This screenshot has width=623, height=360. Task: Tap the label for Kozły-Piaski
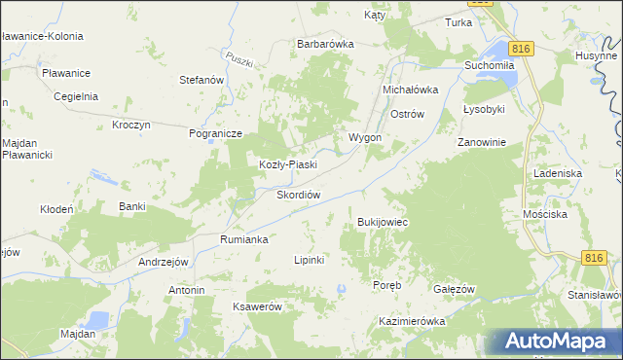[287, 164]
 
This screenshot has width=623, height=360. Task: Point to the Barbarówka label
[325, 44]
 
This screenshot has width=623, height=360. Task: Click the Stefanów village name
[202, 80]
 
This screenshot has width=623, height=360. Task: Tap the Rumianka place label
[243, 238]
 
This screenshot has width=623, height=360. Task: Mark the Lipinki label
[309, 260]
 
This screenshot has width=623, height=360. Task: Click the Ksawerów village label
[257, 306]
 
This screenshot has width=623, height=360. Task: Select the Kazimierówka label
[412, 321]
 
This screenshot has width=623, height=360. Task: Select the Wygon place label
[365, 137]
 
